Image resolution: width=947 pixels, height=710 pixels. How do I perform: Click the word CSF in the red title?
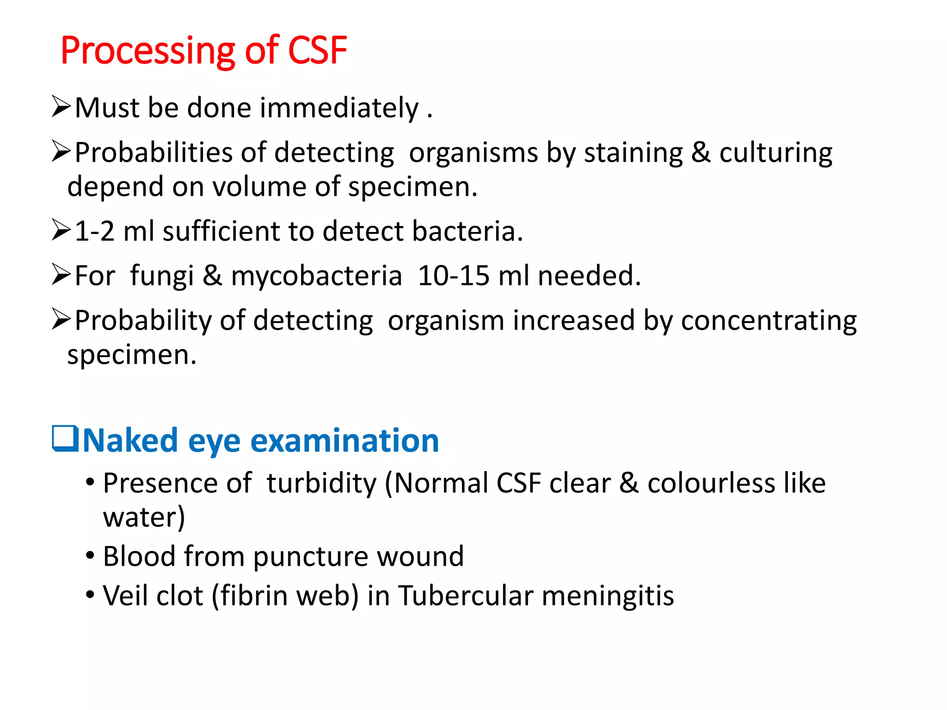pyautogui.click(x=317, y=50)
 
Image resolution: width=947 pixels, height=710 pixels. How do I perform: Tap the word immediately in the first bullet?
pyautogui.click(x=339, y=108)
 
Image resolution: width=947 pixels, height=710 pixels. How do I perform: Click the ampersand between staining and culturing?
pyautogui.click(x=701, y=153)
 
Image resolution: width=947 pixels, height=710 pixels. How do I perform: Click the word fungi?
pyautogui.click(x=162, y=276)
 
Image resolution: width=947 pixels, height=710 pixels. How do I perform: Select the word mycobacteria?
pyautogui.click(x=316, y=276)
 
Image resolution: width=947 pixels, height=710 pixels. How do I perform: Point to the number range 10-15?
pyautogui.click(x=453, y=276)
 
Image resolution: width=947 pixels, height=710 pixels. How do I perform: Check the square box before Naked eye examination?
pyautogui.click(x=65, y=438)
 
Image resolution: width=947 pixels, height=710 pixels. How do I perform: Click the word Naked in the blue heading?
pyautogui.click(x=130, y=441)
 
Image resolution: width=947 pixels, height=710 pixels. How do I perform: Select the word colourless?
pyautogui.click(x=711, y=484)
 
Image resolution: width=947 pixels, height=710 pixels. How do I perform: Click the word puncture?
pyautogui.click(x=310, y=557)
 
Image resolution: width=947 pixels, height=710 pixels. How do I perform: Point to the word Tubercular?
pyautogui.click(x=466, y=596)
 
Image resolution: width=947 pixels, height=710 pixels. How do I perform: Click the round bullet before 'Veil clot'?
pyautogui.click(x=90, y=594)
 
